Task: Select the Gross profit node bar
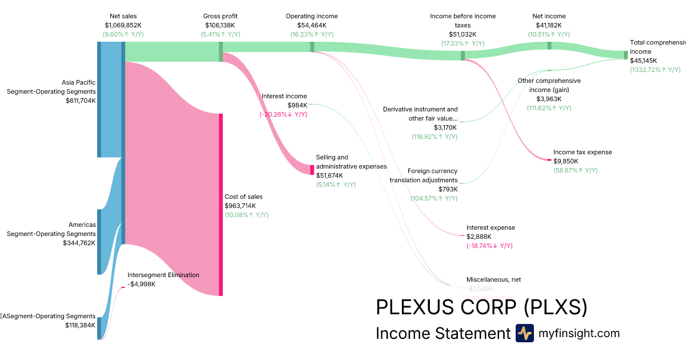point(221,51)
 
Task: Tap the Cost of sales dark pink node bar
point(221,205)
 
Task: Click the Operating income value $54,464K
point(312,25)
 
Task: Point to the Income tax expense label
point(583,152)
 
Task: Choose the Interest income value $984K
point(297,105)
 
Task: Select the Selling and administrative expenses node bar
point(312,170)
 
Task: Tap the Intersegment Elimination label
point(163,275)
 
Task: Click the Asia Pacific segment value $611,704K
point(81,101)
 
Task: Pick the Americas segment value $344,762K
point(79,243)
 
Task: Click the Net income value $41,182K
point(549,25)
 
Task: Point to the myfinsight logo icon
point(524,333)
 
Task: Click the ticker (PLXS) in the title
point(556,307)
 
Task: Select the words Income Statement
point(442,333)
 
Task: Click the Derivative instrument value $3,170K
point(445,127)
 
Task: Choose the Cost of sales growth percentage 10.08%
point(246,215)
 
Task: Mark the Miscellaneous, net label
point(493,279)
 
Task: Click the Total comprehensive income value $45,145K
point(644,61)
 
